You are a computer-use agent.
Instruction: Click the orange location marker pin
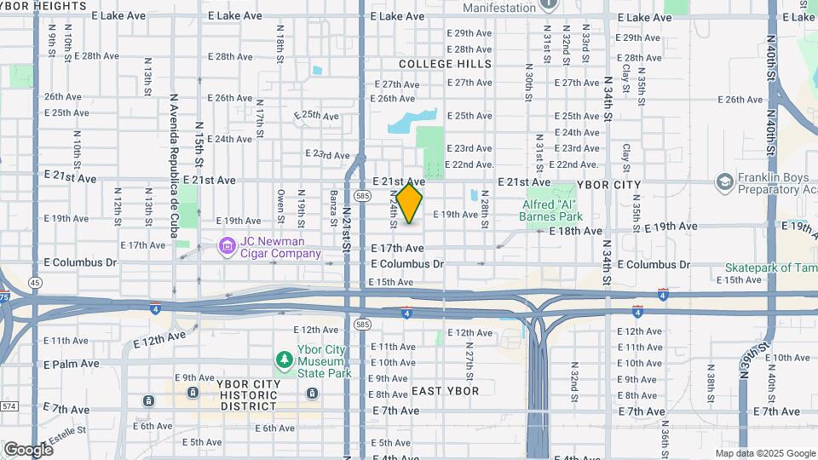pos(410,203)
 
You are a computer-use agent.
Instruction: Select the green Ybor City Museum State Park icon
pos(285,361)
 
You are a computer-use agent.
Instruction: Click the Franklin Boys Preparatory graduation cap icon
pos(724,182)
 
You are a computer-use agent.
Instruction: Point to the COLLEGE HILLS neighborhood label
pos(445,64)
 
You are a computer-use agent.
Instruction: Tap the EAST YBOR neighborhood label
pos(445,391)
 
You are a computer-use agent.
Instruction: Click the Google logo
pos(28,449)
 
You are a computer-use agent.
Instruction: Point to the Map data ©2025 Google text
pos(764,453)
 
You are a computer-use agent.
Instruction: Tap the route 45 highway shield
pos(34,282)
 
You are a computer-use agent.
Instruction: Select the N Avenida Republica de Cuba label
pos(172,152)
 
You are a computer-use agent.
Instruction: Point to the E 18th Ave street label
pos(576,231)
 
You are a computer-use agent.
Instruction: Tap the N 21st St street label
pos(347,226)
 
